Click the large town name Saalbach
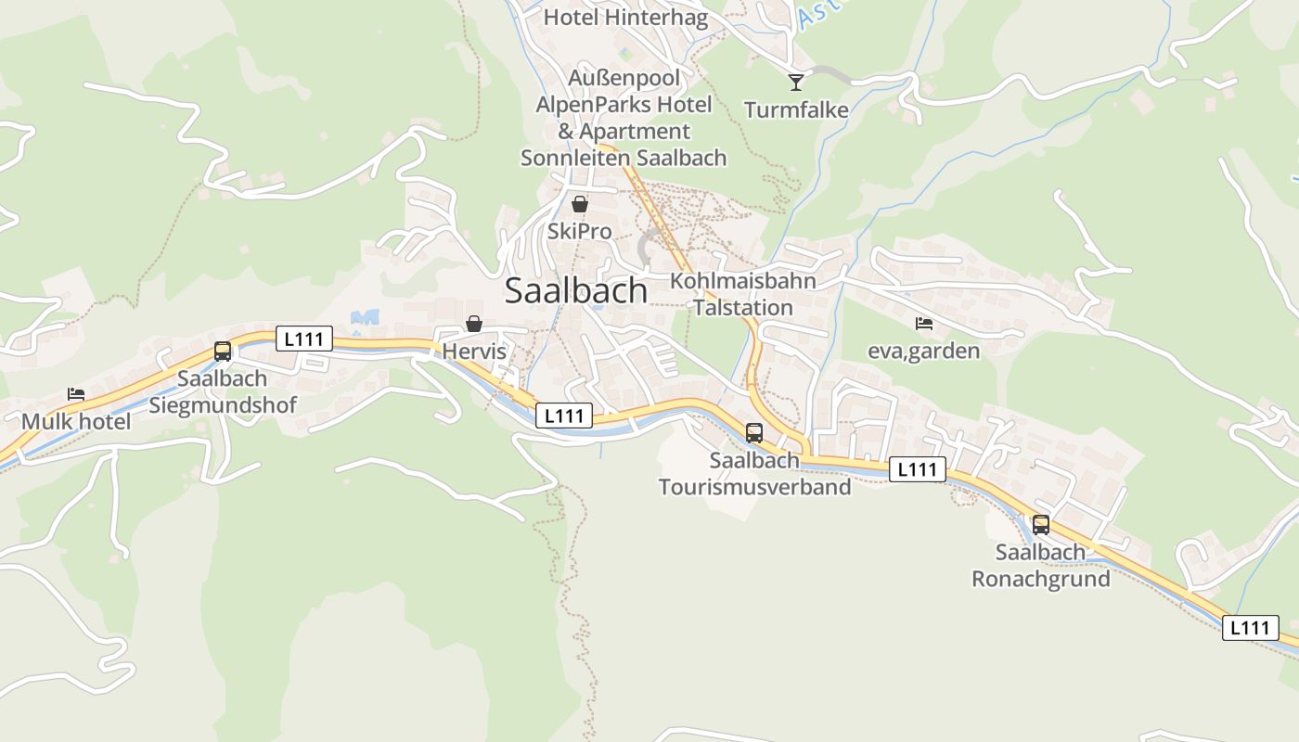coord(576,291)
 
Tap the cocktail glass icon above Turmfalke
coord(795,83)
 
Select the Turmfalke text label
coord(796,110)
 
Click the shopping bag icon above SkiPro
coord(580,204)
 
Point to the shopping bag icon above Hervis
coord(474,324)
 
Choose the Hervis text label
coord(474,352)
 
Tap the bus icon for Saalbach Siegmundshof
coord(223,352)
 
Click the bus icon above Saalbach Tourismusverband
coord(754,432)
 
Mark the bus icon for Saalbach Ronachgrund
coord(1041,525)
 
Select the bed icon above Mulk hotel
coord(76,394)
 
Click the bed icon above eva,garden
coord(923,324)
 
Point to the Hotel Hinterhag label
coord(625,17)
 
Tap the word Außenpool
coord(624,78)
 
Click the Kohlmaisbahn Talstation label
coord(742,294)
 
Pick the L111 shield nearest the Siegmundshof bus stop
coord(303,339)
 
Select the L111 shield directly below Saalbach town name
coord(563,416)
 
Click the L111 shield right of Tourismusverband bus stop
coord(918,469)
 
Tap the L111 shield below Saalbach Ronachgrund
coord(1249,628)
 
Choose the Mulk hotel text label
coord(76,421)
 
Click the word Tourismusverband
coord(754,487)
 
